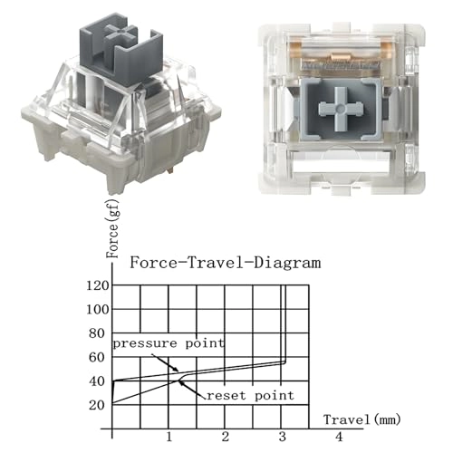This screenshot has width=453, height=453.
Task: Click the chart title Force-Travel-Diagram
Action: tap(225, 264)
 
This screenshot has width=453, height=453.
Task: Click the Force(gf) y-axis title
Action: tap(113, 233)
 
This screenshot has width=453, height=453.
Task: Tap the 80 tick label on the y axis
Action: tap(98, 333)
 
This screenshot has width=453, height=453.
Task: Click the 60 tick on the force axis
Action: tap(98, 357)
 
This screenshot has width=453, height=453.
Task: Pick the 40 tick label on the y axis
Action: tap(98, 381)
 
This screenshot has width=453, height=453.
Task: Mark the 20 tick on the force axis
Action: tap(98, 404)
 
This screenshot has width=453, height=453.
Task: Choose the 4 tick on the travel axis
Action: tap(339, 438)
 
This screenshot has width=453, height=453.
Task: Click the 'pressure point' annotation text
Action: tap(168, 344)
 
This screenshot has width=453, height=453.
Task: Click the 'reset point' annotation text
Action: tap(248, 396)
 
